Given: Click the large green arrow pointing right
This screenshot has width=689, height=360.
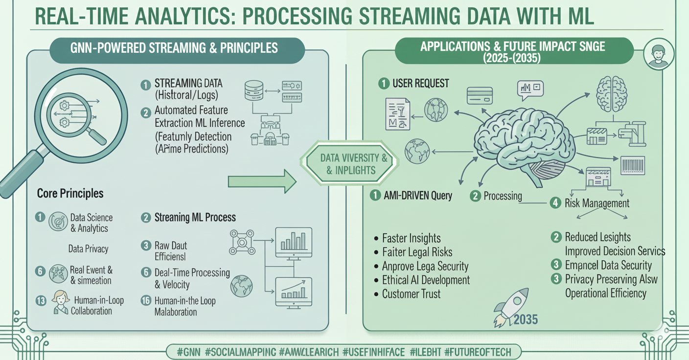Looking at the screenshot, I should [262, 182].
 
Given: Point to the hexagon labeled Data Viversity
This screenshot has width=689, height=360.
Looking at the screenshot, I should [346, 164].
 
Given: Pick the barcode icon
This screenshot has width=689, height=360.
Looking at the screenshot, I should [633, 165].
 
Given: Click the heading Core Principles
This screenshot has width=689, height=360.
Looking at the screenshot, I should [70, 193].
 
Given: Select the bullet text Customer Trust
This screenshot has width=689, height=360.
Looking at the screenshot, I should [411, 294].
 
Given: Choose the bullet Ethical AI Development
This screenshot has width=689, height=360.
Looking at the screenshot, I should [426, 280].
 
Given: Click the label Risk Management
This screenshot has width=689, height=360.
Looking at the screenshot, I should [597, 203].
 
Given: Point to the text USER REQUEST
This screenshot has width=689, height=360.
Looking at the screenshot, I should [420, 83].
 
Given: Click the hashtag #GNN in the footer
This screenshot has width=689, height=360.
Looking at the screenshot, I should [188, 351].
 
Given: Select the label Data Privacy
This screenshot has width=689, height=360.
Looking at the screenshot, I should [88, 248].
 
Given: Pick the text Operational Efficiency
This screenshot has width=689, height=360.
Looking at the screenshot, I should [606, 293].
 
